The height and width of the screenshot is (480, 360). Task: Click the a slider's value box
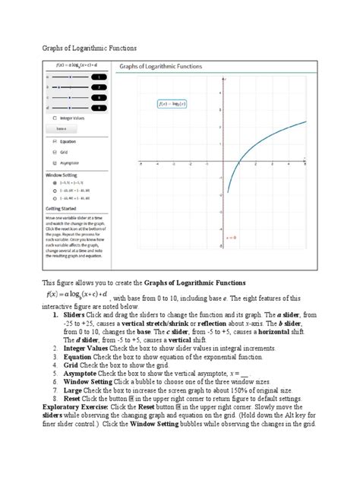pos(99,77)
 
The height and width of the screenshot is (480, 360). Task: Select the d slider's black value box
pos(99,107)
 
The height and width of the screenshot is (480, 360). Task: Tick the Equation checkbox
pos(53,141)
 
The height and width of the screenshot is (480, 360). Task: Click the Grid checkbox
pos(53,152)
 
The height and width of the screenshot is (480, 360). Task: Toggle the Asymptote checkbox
pos(53,163)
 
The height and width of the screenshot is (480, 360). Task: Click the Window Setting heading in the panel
pos(62,174)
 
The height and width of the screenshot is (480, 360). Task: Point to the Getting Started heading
pos(63,207)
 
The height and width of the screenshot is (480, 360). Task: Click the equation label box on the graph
pos(173,103)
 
